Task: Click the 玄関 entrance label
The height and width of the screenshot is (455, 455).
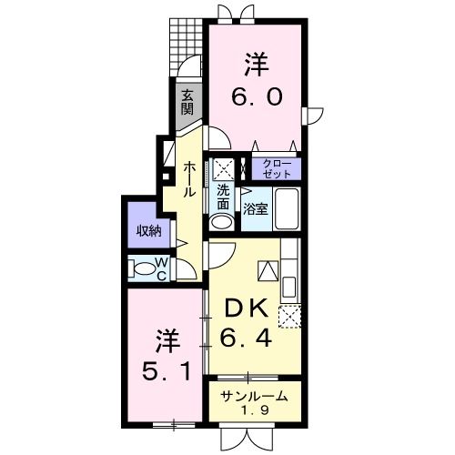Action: (186, 101)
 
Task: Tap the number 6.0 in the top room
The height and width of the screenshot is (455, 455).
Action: (254, 96)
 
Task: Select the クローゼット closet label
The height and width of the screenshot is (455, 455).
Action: (278, 168)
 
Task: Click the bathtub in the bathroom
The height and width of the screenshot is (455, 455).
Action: (287, 212)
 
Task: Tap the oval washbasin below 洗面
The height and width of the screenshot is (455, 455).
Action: (222, 222)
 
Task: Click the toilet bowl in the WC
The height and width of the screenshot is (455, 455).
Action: (144, 268)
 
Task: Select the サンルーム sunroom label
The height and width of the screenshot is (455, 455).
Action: (255, 396)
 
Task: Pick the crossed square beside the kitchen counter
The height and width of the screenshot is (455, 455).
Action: (291, 316)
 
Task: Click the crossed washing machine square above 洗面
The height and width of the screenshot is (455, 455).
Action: (223, 169)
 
